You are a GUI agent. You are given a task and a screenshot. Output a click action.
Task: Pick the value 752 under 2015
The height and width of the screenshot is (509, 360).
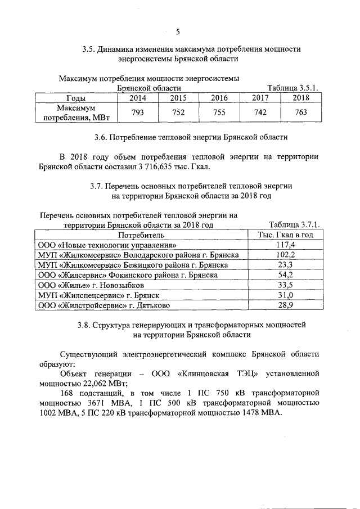[x=178, y=112]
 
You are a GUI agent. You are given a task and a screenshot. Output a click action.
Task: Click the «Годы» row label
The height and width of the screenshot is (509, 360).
[x=75, y=98]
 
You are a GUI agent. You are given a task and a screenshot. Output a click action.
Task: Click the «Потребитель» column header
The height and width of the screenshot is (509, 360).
[x=141, y=235]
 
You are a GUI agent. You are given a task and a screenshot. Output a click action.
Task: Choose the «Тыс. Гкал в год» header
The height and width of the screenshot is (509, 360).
[x=285, y=235]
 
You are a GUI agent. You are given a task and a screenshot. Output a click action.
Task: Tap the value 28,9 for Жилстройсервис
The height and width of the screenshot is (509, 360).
[x=285, y=305]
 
